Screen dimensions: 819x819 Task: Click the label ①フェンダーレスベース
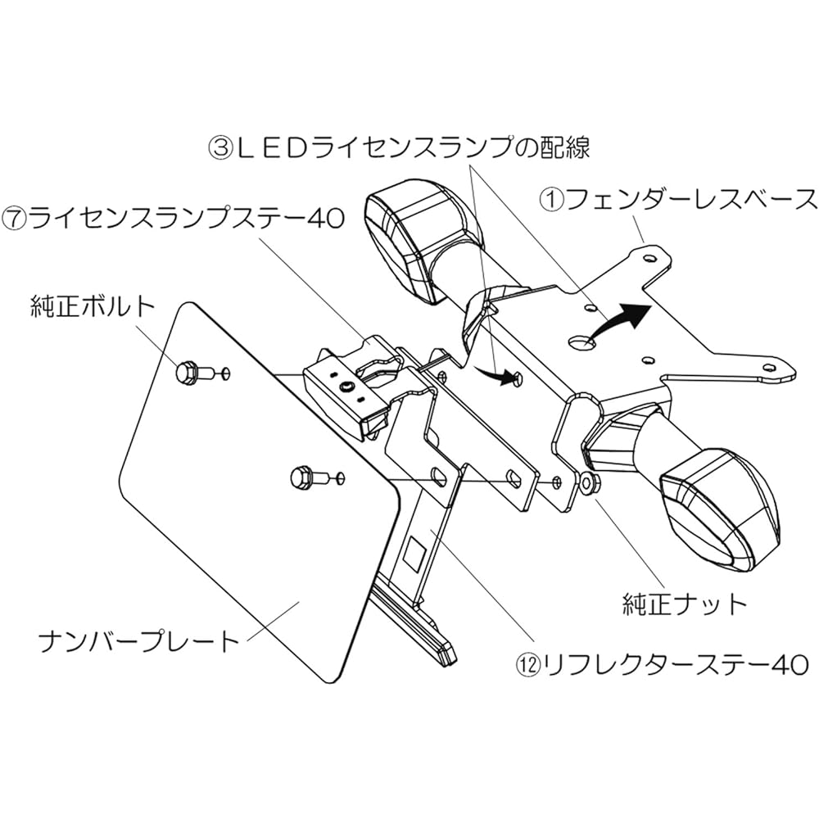(677, 200)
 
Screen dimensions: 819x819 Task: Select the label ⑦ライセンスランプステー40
(174, 218)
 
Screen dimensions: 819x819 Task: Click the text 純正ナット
(685, 604)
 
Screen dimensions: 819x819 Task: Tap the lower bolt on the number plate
(308, 477)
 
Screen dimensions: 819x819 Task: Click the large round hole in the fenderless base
(581, 342)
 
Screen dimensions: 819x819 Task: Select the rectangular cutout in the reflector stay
(416, 553)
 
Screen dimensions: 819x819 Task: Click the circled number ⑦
(14, 219)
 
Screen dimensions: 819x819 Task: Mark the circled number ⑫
(527, 666)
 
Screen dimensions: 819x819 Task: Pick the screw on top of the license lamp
(346, 387)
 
